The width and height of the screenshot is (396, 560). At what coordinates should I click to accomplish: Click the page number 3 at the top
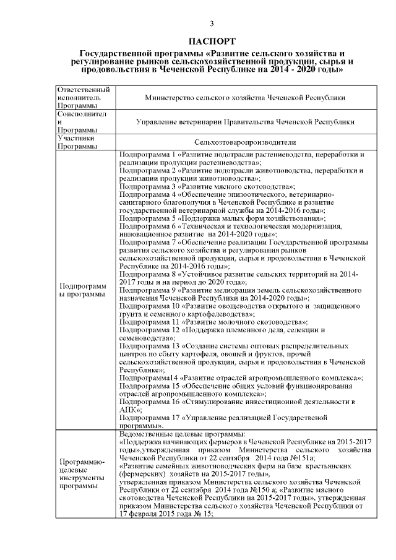[x=212, y=24]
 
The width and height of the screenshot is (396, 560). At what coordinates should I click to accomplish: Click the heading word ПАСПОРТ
[x=212, y=41]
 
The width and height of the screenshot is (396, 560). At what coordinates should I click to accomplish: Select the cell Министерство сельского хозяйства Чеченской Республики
[x=244, y=98]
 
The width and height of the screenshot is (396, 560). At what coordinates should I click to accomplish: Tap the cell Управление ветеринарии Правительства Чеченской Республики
[x=244, y=123]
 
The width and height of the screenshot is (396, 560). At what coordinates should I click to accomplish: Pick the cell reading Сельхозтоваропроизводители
[x=244, y=142]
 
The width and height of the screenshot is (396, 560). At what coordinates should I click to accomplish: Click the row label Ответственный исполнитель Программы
[x=84, y=98]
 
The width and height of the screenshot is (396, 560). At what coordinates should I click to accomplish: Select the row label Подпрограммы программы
[x=84, y=290]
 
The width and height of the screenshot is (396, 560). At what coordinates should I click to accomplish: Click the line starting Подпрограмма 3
[x=207, y=186]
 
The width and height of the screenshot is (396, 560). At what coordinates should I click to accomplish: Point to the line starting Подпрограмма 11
[x=213, y=322]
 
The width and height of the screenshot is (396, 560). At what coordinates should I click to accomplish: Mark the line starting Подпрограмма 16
[x=238, y=402]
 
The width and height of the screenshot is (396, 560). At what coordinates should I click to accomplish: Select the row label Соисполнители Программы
[x=84, y=123]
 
